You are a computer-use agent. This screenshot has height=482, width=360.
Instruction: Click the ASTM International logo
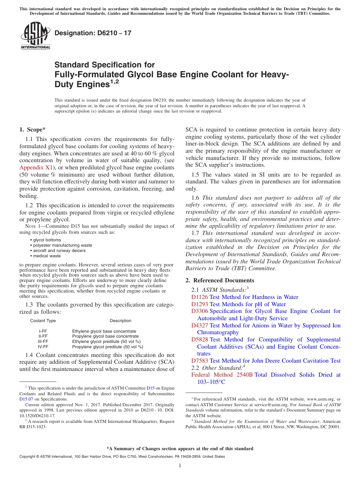(x=35, y=36)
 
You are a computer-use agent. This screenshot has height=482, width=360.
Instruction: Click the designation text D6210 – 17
(x=93, y=33)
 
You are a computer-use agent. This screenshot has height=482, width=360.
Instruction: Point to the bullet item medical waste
(x=45, y=256)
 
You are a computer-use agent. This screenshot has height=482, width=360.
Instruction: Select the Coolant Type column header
(x=43, y=321)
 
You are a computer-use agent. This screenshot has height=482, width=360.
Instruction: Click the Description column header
(x=121, y=321)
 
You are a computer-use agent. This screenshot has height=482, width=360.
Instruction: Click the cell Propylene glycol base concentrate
(x=105, y=336)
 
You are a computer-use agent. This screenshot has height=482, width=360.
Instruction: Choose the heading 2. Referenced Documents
(x=220, y=280)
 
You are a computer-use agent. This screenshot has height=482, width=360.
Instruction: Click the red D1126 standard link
(x=199, y=297)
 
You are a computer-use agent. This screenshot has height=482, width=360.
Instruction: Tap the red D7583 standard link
(x=199, y=361)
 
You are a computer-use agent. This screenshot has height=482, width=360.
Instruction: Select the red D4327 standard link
(x=199, y=326)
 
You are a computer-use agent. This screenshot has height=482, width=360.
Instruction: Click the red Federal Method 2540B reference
(x=222, y=375)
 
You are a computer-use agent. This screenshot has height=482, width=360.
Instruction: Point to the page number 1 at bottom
(x=180, y=465)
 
